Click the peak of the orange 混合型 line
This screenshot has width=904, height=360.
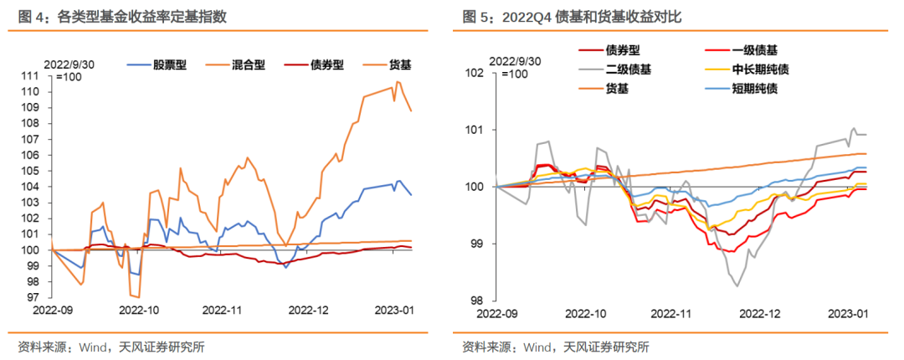click(x=398, y=81)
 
